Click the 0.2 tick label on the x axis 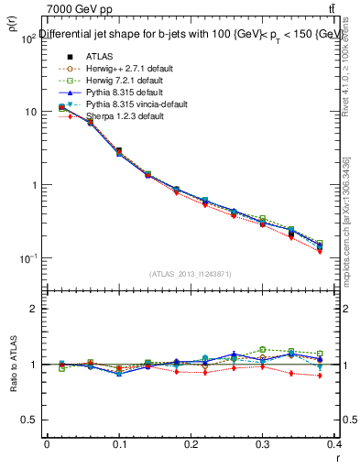tap(191, 444)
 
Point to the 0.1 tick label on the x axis tap(118, 444)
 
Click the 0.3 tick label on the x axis tap(263, 444)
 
